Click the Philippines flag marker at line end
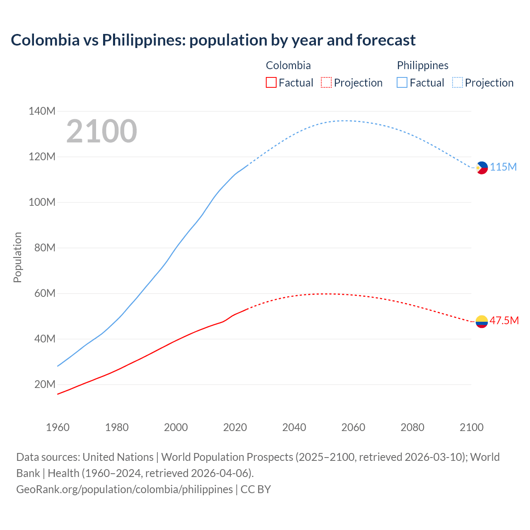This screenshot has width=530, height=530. [482, 168]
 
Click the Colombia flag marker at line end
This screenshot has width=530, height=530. [482, 321]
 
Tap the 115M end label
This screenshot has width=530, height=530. [503, 167]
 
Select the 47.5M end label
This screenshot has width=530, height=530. [504, 321]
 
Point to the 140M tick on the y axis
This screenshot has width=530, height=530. [42, 111]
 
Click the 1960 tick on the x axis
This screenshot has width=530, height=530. [58, 427]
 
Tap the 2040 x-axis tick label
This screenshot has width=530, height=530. [294, 427]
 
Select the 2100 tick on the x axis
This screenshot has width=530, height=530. [471, 427]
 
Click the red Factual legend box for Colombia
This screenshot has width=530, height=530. [271, 83]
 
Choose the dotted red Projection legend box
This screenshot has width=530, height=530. [326, 83]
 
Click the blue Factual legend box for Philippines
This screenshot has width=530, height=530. [402, 83]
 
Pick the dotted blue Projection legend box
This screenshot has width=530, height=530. [457, 83]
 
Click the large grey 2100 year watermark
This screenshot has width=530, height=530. [101, 131]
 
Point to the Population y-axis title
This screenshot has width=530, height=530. [17, 257]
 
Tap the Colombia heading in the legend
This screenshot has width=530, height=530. [288, 65]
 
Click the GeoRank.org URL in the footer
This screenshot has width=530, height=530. [124, 489]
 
